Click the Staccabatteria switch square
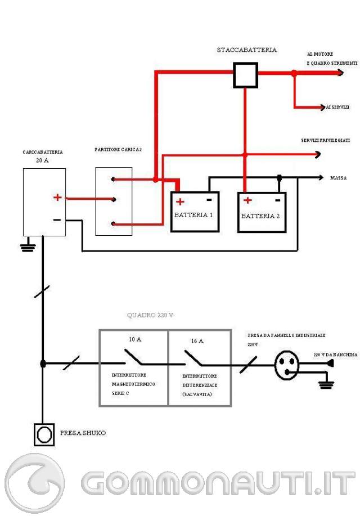(x=245, y=75)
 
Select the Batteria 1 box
(x=195, y=212)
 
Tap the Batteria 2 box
(x=262, y=212)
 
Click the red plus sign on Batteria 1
(x=180, y=202)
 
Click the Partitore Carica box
(x=114, y=201)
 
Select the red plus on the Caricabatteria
(x=57, y=198)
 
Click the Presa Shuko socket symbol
(x=43, y=434)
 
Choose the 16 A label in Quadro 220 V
(x=197, y=340)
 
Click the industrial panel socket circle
(x=287, y=365)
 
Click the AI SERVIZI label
(x=337, y=107)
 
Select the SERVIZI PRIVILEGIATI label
(x=326, y=140)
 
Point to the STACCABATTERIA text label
(x=247, y=50)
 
